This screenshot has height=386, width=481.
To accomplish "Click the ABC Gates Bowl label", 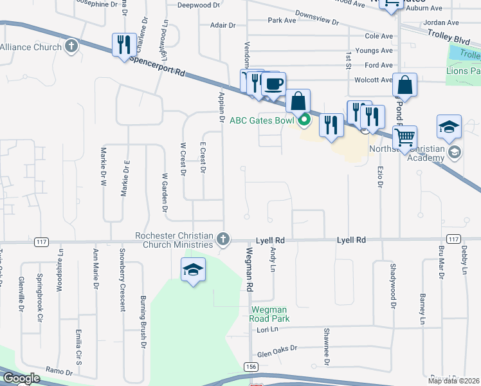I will [262, 120].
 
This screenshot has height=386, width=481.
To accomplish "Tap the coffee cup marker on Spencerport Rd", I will [275, 84].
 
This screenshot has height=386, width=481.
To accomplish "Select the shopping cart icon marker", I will [404, 136].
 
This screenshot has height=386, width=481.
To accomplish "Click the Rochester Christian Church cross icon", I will [223, 239].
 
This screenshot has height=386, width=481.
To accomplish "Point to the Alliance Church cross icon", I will [71, 46].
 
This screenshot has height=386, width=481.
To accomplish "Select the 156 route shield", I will [251, 366].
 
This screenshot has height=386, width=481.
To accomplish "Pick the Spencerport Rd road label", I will [158, 65].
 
